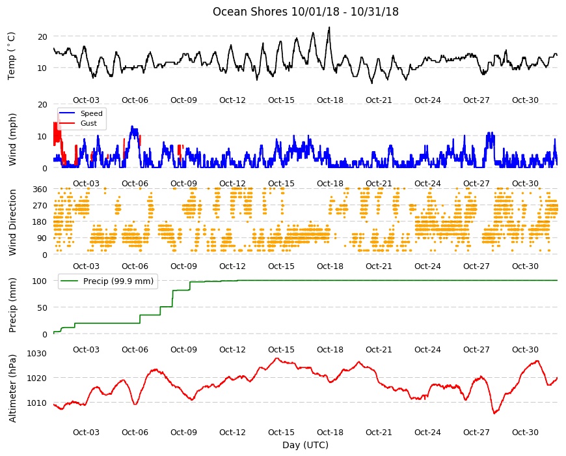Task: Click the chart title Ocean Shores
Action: click(250, 12)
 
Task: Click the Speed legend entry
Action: click(91, 113)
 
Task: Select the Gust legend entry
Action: click(88, 124)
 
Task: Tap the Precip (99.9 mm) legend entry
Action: click(118, 281)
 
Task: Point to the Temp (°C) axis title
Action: click(12, 55)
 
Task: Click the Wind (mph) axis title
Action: click(12, 139)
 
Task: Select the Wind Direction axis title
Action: click(12, 222)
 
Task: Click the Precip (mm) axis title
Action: click(12, 305)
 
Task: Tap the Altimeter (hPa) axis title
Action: click(12, 388)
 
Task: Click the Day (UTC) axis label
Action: click(305, 445)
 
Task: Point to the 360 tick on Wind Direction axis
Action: click(40, 190)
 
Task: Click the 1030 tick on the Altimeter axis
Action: click(37, 353)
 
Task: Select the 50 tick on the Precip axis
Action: click(42, 308)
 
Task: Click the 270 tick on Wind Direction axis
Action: click(40, 206)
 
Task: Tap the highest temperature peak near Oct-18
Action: click(329, 27)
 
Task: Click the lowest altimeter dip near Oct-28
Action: click(494, 412)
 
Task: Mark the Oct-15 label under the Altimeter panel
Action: click(281, 432)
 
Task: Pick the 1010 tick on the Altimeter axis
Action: click(37, 403)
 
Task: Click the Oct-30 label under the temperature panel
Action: click(525, 100)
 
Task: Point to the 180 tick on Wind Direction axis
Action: click(40, 222)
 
